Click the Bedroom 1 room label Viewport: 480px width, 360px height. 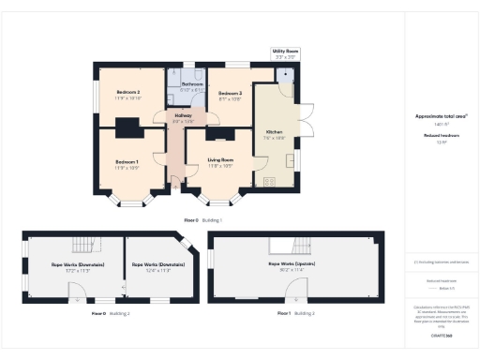(x=127, y=162)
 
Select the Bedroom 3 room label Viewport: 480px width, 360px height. (x=231, y=94)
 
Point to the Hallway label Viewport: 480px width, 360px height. (x=183, y=116)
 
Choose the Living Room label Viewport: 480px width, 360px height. (x=220, y=160)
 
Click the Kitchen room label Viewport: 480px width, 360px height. (x=274, y=132)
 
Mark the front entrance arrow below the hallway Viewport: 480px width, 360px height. (x=176, y=186)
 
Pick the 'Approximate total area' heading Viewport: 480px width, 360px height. (x=441, y=116)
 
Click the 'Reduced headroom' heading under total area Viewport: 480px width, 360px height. (x=440, y=137)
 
